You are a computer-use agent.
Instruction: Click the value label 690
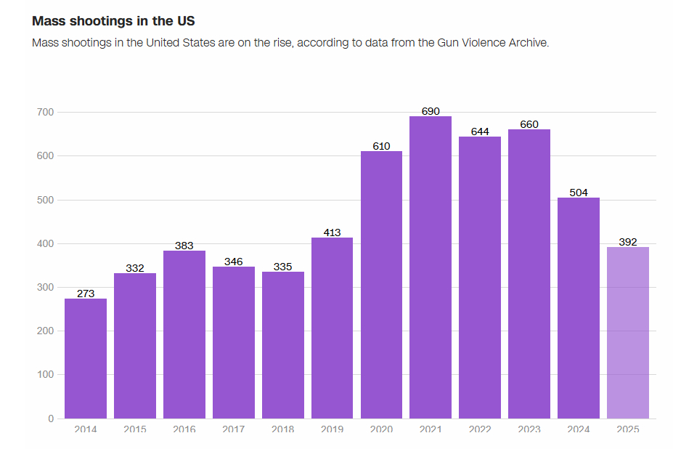pyautogui.click(x=431, y=111)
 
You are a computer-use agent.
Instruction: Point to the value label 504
pyautogui.click(x=579, y=193)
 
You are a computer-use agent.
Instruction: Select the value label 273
pyautogui.click(x=86, y=294)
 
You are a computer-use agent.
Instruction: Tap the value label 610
pyautogui.click(x=381, y=146)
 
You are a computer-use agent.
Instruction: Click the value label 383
pyautogui.click(x=184, y=246)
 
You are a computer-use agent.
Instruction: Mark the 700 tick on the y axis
pyautogui.click(x=45, y=112)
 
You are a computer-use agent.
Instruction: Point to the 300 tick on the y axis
pyautogui.click(x=45, y=287)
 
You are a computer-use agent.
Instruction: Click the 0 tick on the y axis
pyautogui.click(x=51, y=418)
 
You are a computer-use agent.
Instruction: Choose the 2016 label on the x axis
pyautogui.click(x=184, y=429)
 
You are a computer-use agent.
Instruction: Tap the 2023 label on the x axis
pyautogui.click(x=529, y=429)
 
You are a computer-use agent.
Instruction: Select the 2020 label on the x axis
pyautogui.click(x=381, y=429)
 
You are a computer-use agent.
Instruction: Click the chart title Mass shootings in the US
pyautogui.click(x=113, y=21)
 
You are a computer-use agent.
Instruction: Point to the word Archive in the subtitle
pyautogui.click(x=528, y=42)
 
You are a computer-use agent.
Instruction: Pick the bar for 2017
pyautogui.click(x=234, y=342)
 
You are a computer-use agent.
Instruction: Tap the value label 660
pyautogui.click(x=529, y=124)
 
